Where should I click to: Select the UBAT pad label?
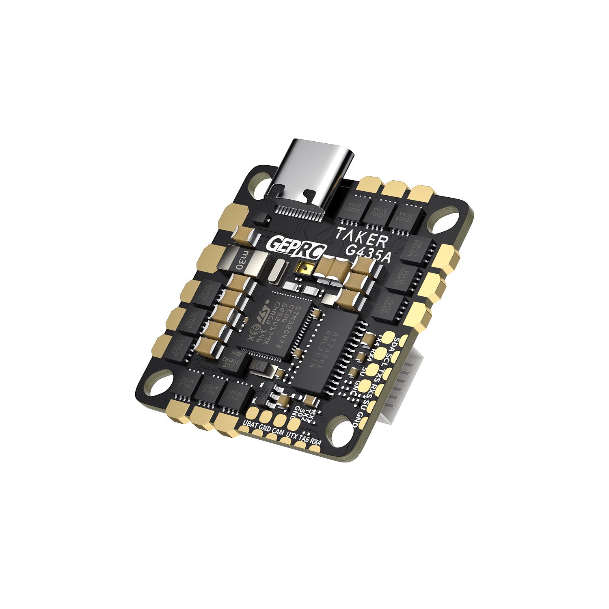[x=250, y=424]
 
